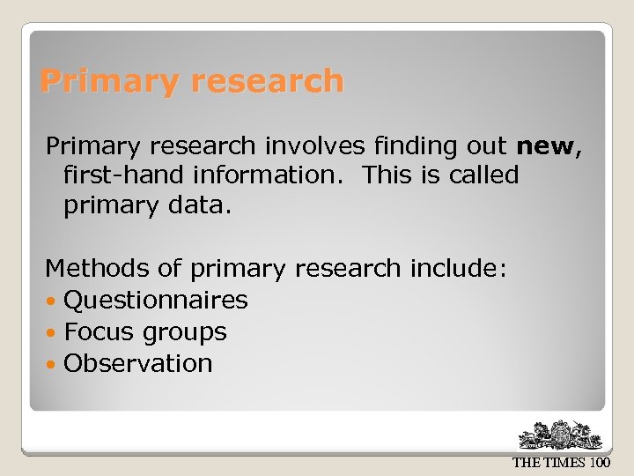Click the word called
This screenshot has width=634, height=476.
click(x=483, y=175)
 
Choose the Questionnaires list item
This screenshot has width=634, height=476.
click(x=156, y=301)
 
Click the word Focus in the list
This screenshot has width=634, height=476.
click(x=96, y=332)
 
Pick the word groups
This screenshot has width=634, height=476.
click(x=184, y=333)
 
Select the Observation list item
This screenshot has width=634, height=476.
click(x=138, y=363)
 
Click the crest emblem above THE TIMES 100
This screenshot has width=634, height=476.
click(x=560, y=435)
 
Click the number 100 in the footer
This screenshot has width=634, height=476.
click(x=600, y=463)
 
